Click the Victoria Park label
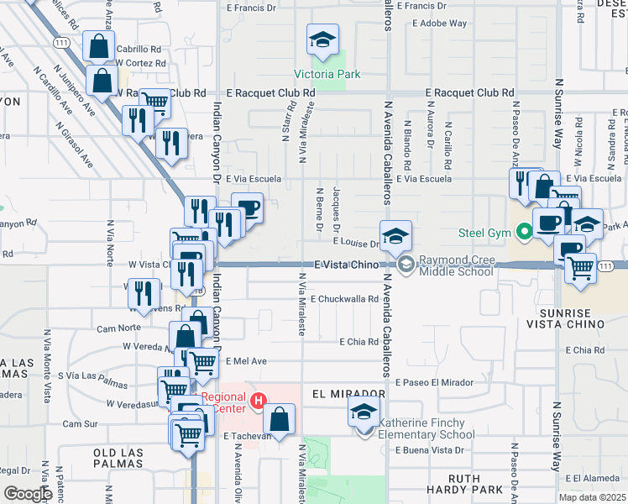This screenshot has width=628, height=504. click(327, 74)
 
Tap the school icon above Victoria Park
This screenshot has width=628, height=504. click(322, 39)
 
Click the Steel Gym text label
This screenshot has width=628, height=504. click(484, 233)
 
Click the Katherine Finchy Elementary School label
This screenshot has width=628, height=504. click(427, 428)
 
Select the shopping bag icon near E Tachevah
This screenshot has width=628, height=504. click(280, 418)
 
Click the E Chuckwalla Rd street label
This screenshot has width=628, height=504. click(345, 298)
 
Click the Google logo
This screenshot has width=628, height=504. click(28, 494)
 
